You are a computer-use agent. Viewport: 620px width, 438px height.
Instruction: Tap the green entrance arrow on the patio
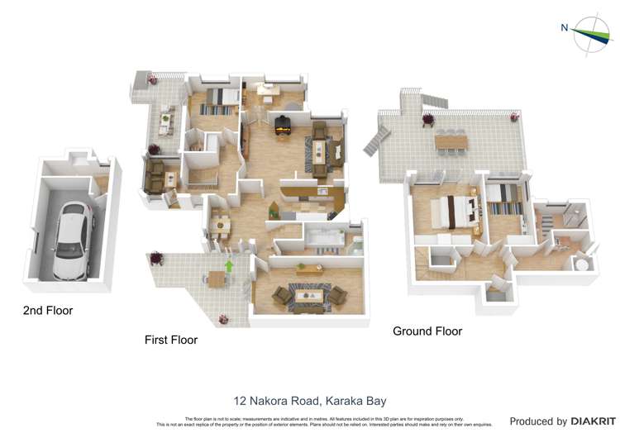[229, 265]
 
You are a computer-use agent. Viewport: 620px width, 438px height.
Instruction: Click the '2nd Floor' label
[47, 311]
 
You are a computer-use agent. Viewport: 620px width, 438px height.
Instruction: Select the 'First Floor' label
[170, 340]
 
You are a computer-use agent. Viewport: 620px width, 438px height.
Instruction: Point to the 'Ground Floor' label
[427, 331]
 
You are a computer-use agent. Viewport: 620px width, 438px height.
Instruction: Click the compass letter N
[565, 28]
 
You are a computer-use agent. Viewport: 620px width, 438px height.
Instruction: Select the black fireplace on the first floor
[283, 125]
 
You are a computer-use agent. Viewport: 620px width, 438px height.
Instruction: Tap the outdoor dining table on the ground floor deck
[451, 142]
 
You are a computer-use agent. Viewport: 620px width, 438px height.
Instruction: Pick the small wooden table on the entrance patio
[217, 279]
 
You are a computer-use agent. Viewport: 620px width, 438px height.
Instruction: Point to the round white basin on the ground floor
[582, 264]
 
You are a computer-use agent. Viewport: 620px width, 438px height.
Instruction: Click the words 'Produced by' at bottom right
[538, 421]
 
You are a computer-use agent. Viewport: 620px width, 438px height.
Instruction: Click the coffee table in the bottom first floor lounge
[309, 293]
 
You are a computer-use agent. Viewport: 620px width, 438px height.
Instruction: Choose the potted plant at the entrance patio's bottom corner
[222, 318]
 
